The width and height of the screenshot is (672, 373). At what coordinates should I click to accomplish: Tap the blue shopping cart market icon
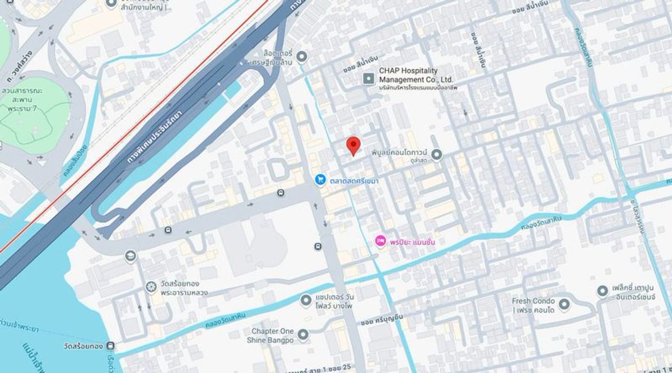point(320,180)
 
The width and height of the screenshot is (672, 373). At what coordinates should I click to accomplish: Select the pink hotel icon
point(380,241)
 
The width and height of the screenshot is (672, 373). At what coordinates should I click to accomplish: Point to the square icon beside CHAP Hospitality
point(368,78)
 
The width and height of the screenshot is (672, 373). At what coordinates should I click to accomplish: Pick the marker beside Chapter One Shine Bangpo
point(303,335)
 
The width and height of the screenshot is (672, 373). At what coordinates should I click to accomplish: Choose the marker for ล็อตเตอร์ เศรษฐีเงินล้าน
point(302,57)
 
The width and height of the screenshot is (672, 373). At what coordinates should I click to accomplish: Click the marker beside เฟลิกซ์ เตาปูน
point(602,291)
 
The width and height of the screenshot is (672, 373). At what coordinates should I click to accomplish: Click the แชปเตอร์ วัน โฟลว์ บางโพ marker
point(305,301)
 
